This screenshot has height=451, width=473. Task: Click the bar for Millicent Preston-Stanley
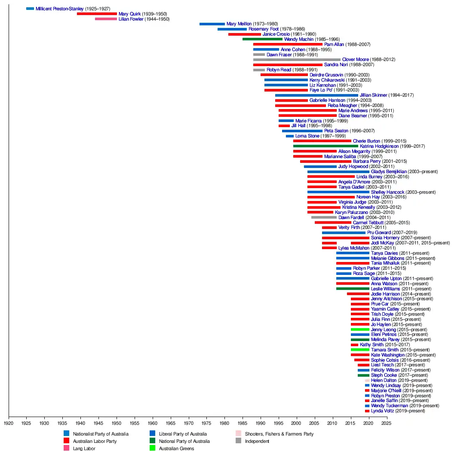30,9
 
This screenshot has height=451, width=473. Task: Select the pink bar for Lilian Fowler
106,19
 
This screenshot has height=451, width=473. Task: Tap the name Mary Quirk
129,14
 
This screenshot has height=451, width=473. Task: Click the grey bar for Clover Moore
297,60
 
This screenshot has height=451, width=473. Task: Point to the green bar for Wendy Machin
262,39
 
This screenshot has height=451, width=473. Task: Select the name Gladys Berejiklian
389,172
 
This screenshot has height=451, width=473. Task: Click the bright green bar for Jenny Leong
360,329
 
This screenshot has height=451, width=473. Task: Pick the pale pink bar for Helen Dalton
367,381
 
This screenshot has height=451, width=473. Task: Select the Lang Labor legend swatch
66,448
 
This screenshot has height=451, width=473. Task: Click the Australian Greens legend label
176,448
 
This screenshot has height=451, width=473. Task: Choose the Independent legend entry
257,441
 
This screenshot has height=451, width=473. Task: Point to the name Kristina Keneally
359,207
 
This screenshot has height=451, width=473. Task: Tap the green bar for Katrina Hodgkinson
326,146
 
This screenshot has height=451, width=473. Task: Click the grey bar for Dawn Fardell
324,217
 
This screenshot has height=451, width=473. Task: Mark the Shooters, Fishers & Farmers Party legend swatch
238,434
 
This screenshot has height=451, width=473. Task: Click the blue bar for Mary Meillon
212,24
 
